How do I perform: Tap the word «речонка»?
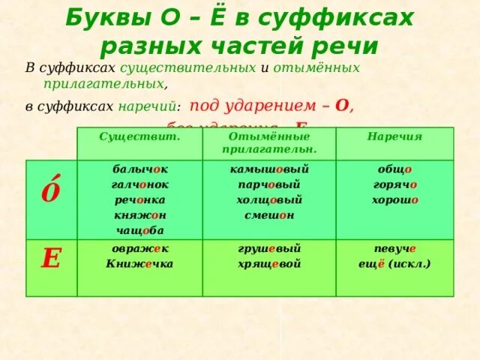point(139,200)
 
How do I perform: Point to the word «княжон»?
point(139,215)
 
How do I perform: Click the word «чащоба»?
point(139,231)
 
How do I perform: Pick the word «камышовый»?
point(269,169)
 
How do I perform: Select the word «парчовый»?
point(269,184)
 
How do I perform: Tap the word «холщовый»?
point(269,200)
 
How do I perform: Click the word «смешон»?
point(269,215)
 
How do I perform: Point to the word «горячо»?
point(394,184)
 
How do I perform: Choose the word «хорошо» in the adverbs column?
point(394,200)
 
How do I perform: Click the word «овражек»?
point(139,249)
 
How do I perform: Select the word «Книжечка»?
point(139,263)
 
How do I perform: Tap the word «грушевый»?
point(269,249)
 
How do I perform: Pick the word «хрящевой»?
point(269,264)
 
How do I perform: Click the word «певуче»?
point(394,249)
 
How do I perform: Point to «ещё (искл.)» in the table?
point(394,264)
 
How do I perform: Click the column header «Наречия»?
point(394,137)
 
